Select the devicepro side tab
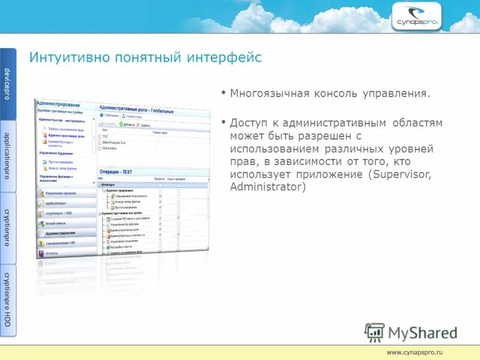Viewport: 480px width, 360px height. click(x=8, y=84)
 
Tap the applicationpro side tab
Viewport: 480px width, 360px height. click(x=8, y=155)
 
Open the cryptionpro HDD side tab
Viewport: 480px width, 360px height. click(x=8, y=299)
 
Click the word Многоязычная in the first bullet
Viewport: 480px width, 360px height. click(x=269, y=94)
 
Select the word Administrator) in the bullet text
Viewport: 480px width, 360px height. click(x=268, y=187)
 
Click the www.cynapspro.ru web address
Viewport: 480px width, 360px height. click(x=414, y=352)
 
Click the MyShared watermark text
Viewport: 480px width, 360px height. click(x=422, y=333)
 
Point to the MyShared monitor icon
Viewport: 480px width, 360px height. click(x=375, y=332)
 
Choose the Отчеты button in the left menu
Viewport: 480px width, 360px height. click(x=52, y=253)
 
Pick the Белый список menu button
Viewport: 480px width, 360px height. click(x=58, y=223)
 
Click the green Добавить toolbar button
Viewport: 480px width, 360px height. click(x=127, y=124)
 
